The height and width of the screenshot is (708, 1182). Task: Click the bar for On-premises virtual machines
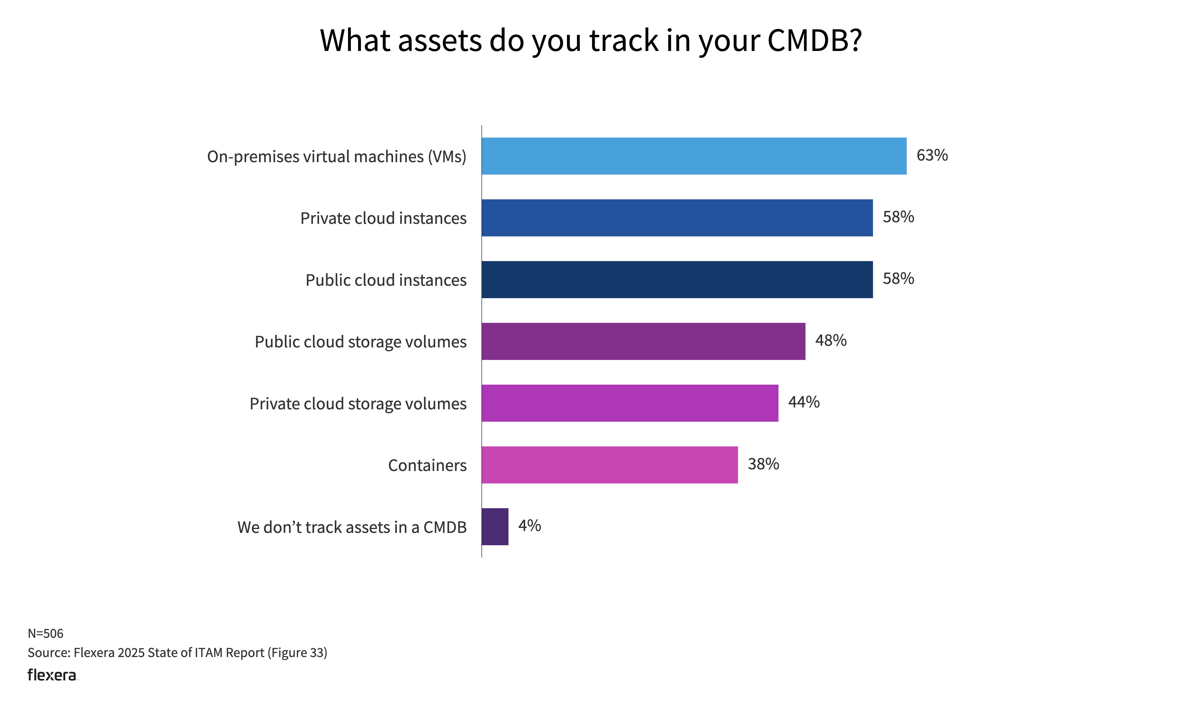694,156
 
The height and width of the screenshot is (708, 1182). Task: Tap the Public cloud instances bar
677,279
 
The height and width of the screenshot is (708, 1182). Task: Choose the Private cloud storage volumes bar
630,403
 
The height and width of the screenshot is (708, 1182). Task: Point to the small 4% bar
495,527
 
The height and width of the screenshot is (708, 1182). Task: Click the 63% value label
932,156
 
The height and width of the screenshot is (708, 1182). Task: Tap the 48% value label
831,341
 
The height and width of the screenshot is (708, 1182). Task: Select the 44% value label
804,402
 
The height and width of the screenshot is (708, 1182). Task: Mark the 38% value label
763,464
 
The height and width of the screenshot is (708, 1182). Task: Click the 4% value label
529,526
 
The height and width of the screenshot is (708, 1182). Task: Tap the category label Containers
427,465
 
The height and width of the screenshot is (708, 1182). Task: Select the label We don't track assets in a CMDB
352,527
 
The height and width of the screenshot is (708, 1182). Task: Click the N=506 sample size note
45,633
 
